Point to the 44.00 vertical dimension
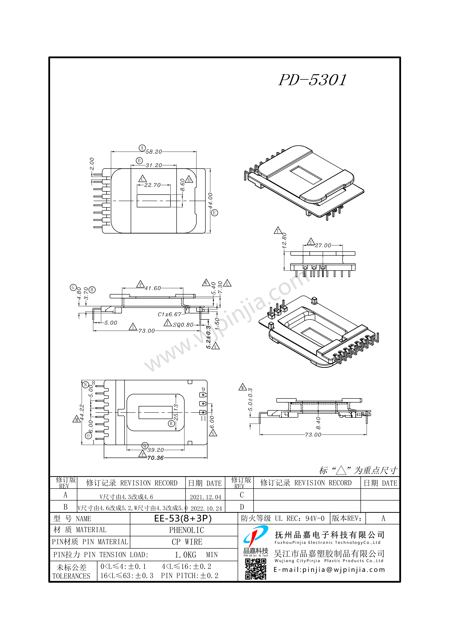pos(210,200)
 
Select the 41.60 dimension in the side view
pos(153,288)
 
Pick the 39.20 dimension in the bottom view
pos(155,450)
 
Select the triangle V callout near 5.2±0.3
pos(215,346)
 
